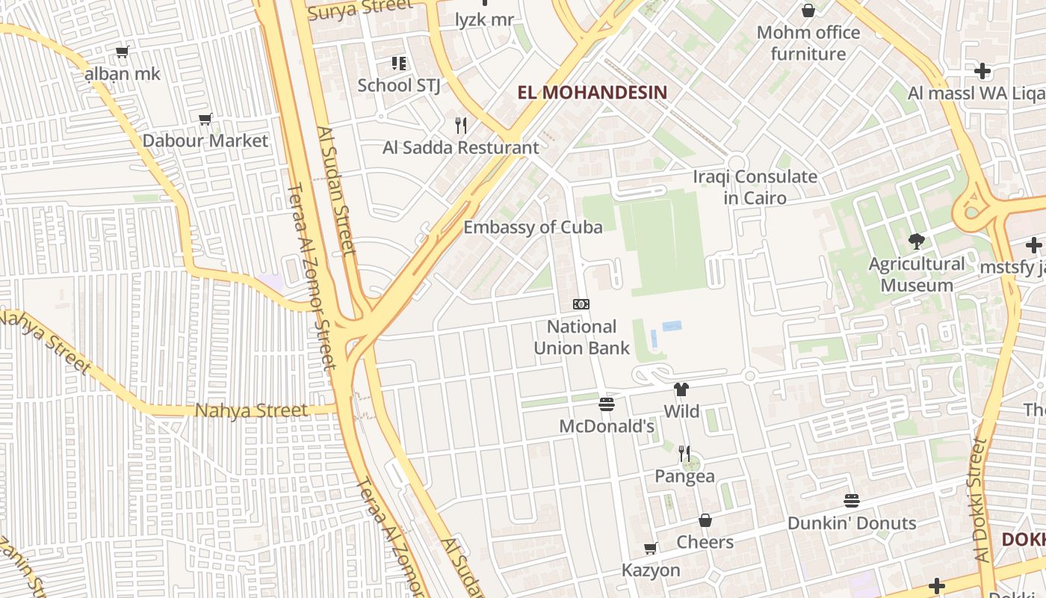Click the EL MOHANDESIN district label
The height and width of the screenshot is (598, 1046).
point(592,93)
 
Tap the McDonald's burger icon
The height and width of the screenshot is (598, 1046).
point(607,404)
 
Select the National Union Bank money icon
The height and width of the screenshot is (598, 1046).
point(581,304)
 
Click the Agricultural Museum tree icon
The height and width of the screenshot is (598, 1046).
point(916,241)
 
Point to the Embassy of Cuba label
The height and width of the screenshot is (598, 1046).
point(533,227)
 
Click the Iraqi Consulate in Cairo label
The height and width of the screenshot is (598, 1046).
point(755,188)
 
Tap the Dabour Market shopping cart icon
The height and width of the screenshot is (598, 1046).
point(205,119)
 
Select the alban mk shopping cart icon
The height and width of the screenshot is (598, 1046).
point(122,52)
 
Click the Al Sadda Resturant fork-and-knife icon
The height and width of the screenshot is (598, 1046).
point(461,125)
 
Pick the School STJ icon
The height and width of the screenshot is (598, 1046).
point(399,64)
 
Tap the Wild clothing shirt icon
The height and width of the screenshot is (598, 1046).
point(681,389)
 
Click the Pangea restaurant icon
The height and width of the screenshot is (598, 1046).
point(684,453)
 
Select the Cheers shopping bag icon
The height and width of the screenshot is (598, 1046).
point(705,520)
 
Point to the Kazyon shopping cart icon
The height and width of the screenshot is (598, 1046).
point(651,549)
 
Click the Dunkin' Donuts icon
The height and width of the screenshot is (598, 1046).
point(852,500)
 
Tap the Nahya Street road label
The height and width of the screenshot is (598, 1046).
point(251,410)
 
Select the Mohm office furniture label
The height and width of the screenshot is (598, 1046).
point(808,43)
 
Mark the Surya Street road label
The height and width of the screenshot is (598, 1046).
point(360,9)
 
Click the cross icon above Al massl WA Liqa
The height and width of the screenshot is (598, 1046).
point(982,71)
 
